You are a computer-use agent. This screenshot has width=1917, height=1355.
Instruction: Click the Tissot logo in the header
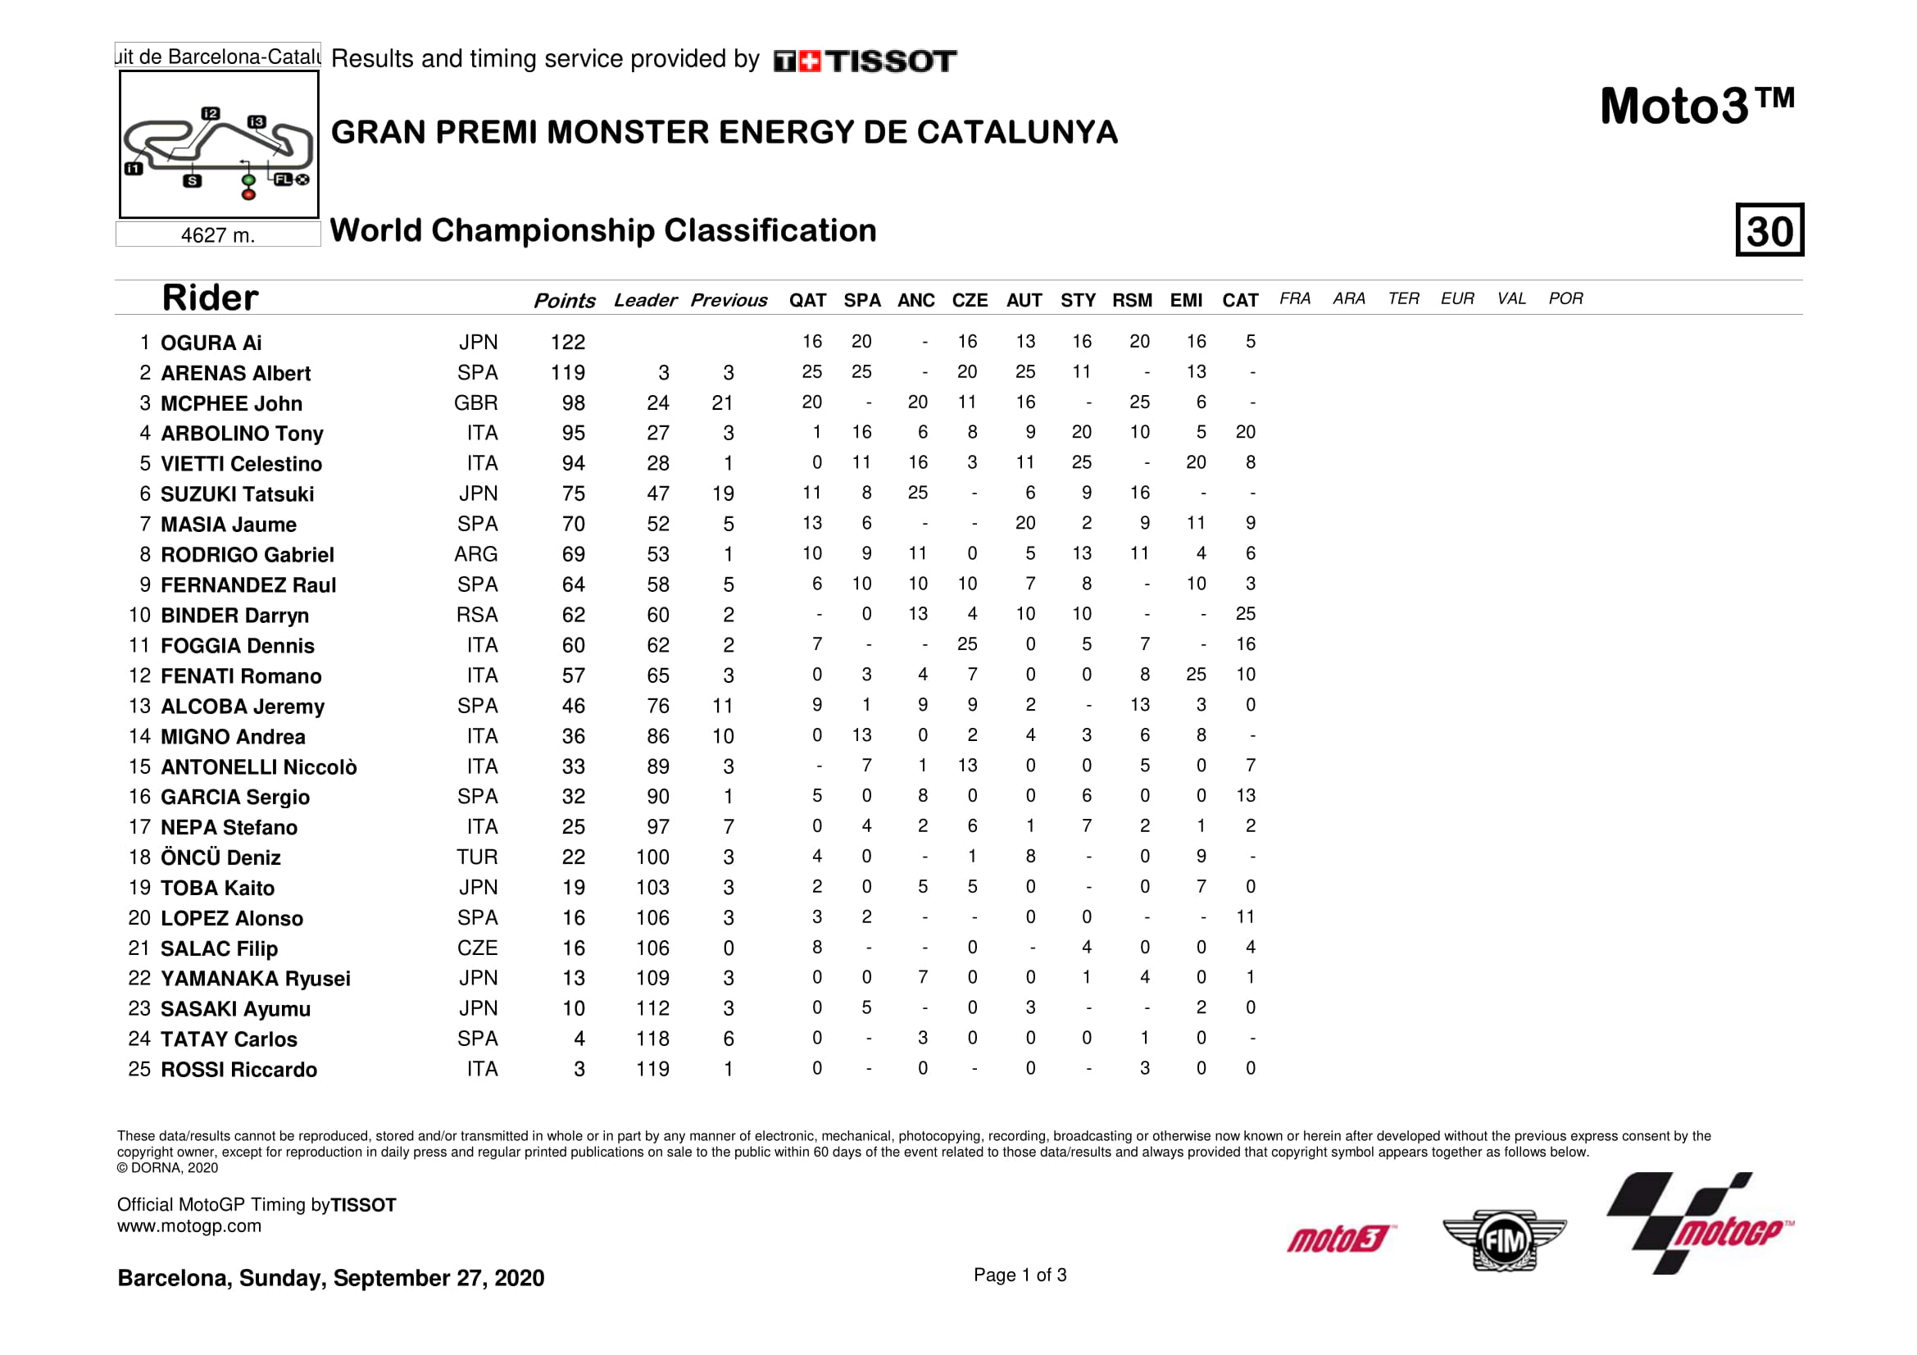865,61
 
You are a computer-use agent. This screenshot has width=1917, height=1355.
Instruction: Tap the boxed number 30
1769,230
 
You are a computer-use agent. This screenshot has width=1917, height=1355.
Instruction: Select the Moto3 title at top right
1696,107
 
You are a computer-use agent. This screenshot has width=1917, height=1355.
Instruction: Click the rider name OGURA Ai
211,343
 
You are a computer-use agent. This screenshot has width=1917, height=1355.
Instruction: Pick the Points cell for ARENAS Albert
568,373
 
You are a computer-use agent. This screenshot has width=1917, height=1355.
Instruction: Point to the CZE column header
970,301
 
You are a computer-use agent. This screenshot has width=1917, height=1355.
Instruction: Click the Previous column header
728,301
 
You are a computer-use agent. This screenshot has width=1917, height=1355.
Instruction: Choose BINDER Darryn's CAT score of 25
1245,615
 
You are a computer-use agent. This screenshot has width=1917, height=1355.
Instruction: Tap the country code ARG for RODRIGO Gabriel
476,554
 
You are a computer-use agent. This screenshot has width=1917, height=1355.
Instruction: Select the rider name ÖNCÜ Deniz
220,857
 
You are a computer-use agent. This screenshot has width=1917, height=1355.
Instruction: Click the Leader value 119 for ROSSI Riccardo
652,1070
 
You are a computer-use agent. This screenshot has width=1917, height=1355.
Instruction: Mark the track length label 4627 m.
217,235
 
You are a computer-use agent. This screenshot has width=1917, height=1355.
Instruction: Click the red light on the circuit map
248,194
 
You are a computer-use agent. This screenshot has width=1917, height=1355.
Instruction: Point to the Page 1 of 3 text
1020,1275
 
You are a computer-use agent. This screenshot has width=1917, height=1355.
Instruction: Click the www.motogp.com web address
189,1226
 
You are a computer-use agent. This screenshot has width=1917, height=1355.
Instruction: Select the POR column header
1565,299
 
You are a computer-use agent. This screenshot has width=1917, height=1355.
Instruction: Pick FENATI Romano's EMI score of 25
1196,675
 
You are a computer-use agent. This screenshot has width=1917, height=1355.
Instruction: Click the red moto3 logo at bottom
1340,1239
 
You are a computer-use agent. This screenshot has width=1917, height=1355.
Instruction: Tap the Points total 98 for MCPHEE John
573,403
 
